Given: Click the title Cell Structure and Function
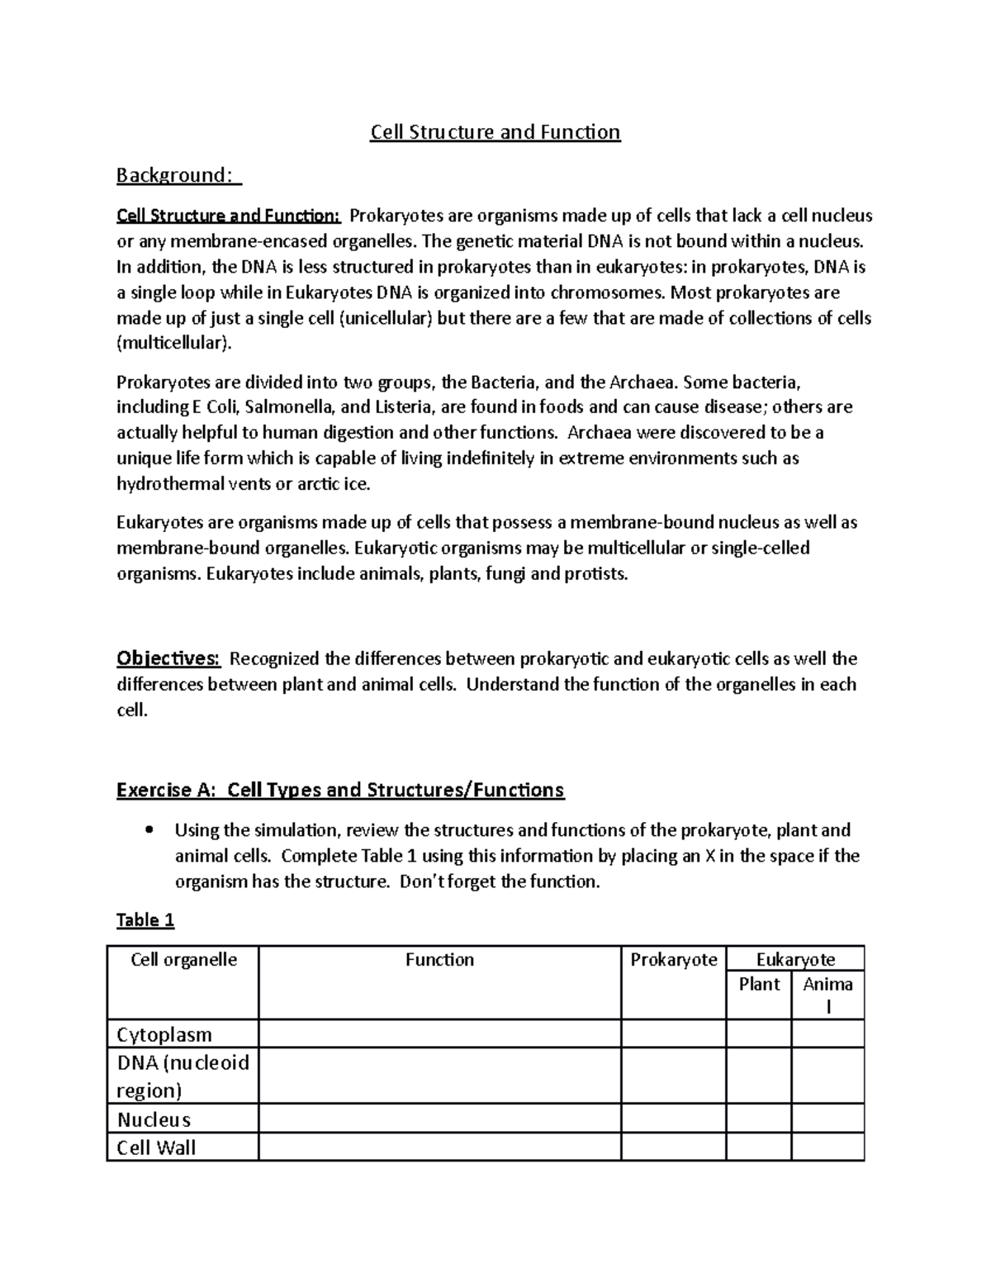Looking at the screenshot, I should (495, 132).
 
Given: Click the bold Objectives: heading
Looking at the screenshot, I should (168, 658).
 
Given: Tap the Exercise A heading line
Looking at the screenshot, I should (340, 790).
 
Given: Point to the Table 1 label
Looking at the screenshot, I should (145, 919).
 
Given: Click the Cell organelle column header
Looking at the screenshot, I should (183, 959).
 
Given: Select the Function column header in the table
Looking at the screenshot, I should (439, 959).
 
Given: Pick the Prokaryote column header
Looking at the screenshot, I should (673, 959).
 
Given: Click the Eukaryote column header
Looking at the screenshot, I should (795, 959).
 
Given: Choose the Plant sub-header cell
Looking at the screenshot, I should (759, 984).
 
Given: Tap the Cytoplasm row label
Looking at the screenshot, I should (164, 1034).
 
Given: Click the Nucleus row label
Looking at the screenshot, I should (154, 1119).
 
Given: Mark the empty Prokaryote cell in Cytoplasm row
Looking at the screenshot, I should (673, 1034).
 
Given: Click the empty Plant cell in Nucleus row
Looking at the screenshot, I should (759, 1119).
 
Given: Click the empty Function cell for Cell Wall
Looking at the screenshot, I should (439, 1148).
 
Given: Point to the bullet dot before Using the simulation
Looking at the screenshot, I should (149, 830).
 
